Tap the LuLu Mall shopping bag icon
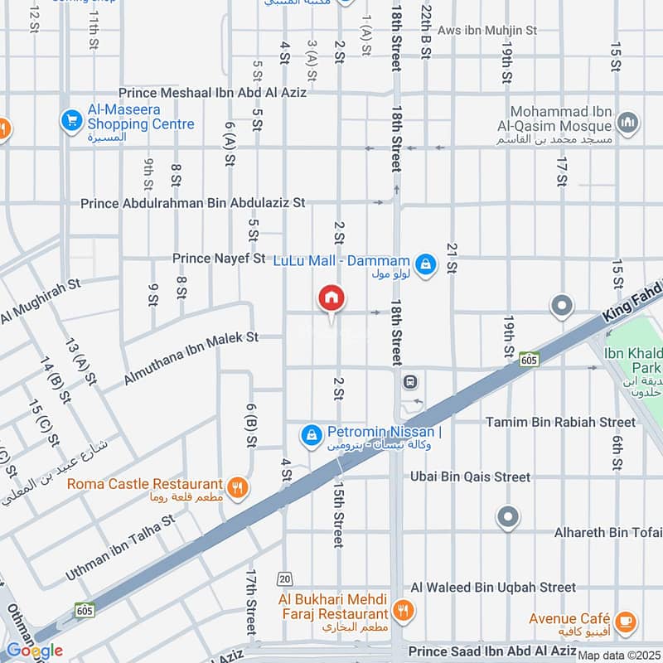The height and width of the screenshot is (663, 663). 425,264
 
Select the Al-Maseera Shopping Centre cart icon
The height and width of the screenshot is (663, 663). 71,121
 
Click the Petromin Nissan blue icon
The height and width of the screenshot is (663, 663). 311,434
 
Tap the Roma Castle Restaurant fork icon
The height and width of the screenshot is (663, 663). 238,487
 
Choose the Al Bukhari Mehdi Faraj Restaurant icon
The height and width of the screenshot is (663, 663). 403,611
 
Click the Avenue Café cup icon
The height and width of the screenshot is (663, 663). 625,619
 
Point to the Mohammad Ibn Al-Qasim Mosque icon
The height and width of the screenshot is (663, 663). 627,123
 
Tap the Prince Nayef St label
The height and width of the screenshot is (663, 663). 219,259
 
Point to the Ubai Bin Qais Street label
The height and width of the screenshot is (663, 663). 471,477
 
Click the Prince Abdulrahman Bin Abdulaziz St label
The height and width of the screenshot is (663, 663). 193,202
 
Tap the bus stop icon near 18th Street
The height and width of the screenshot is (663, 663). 409,382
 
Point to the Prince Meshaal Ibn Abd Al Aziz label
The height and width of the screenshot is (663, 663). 213,93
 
